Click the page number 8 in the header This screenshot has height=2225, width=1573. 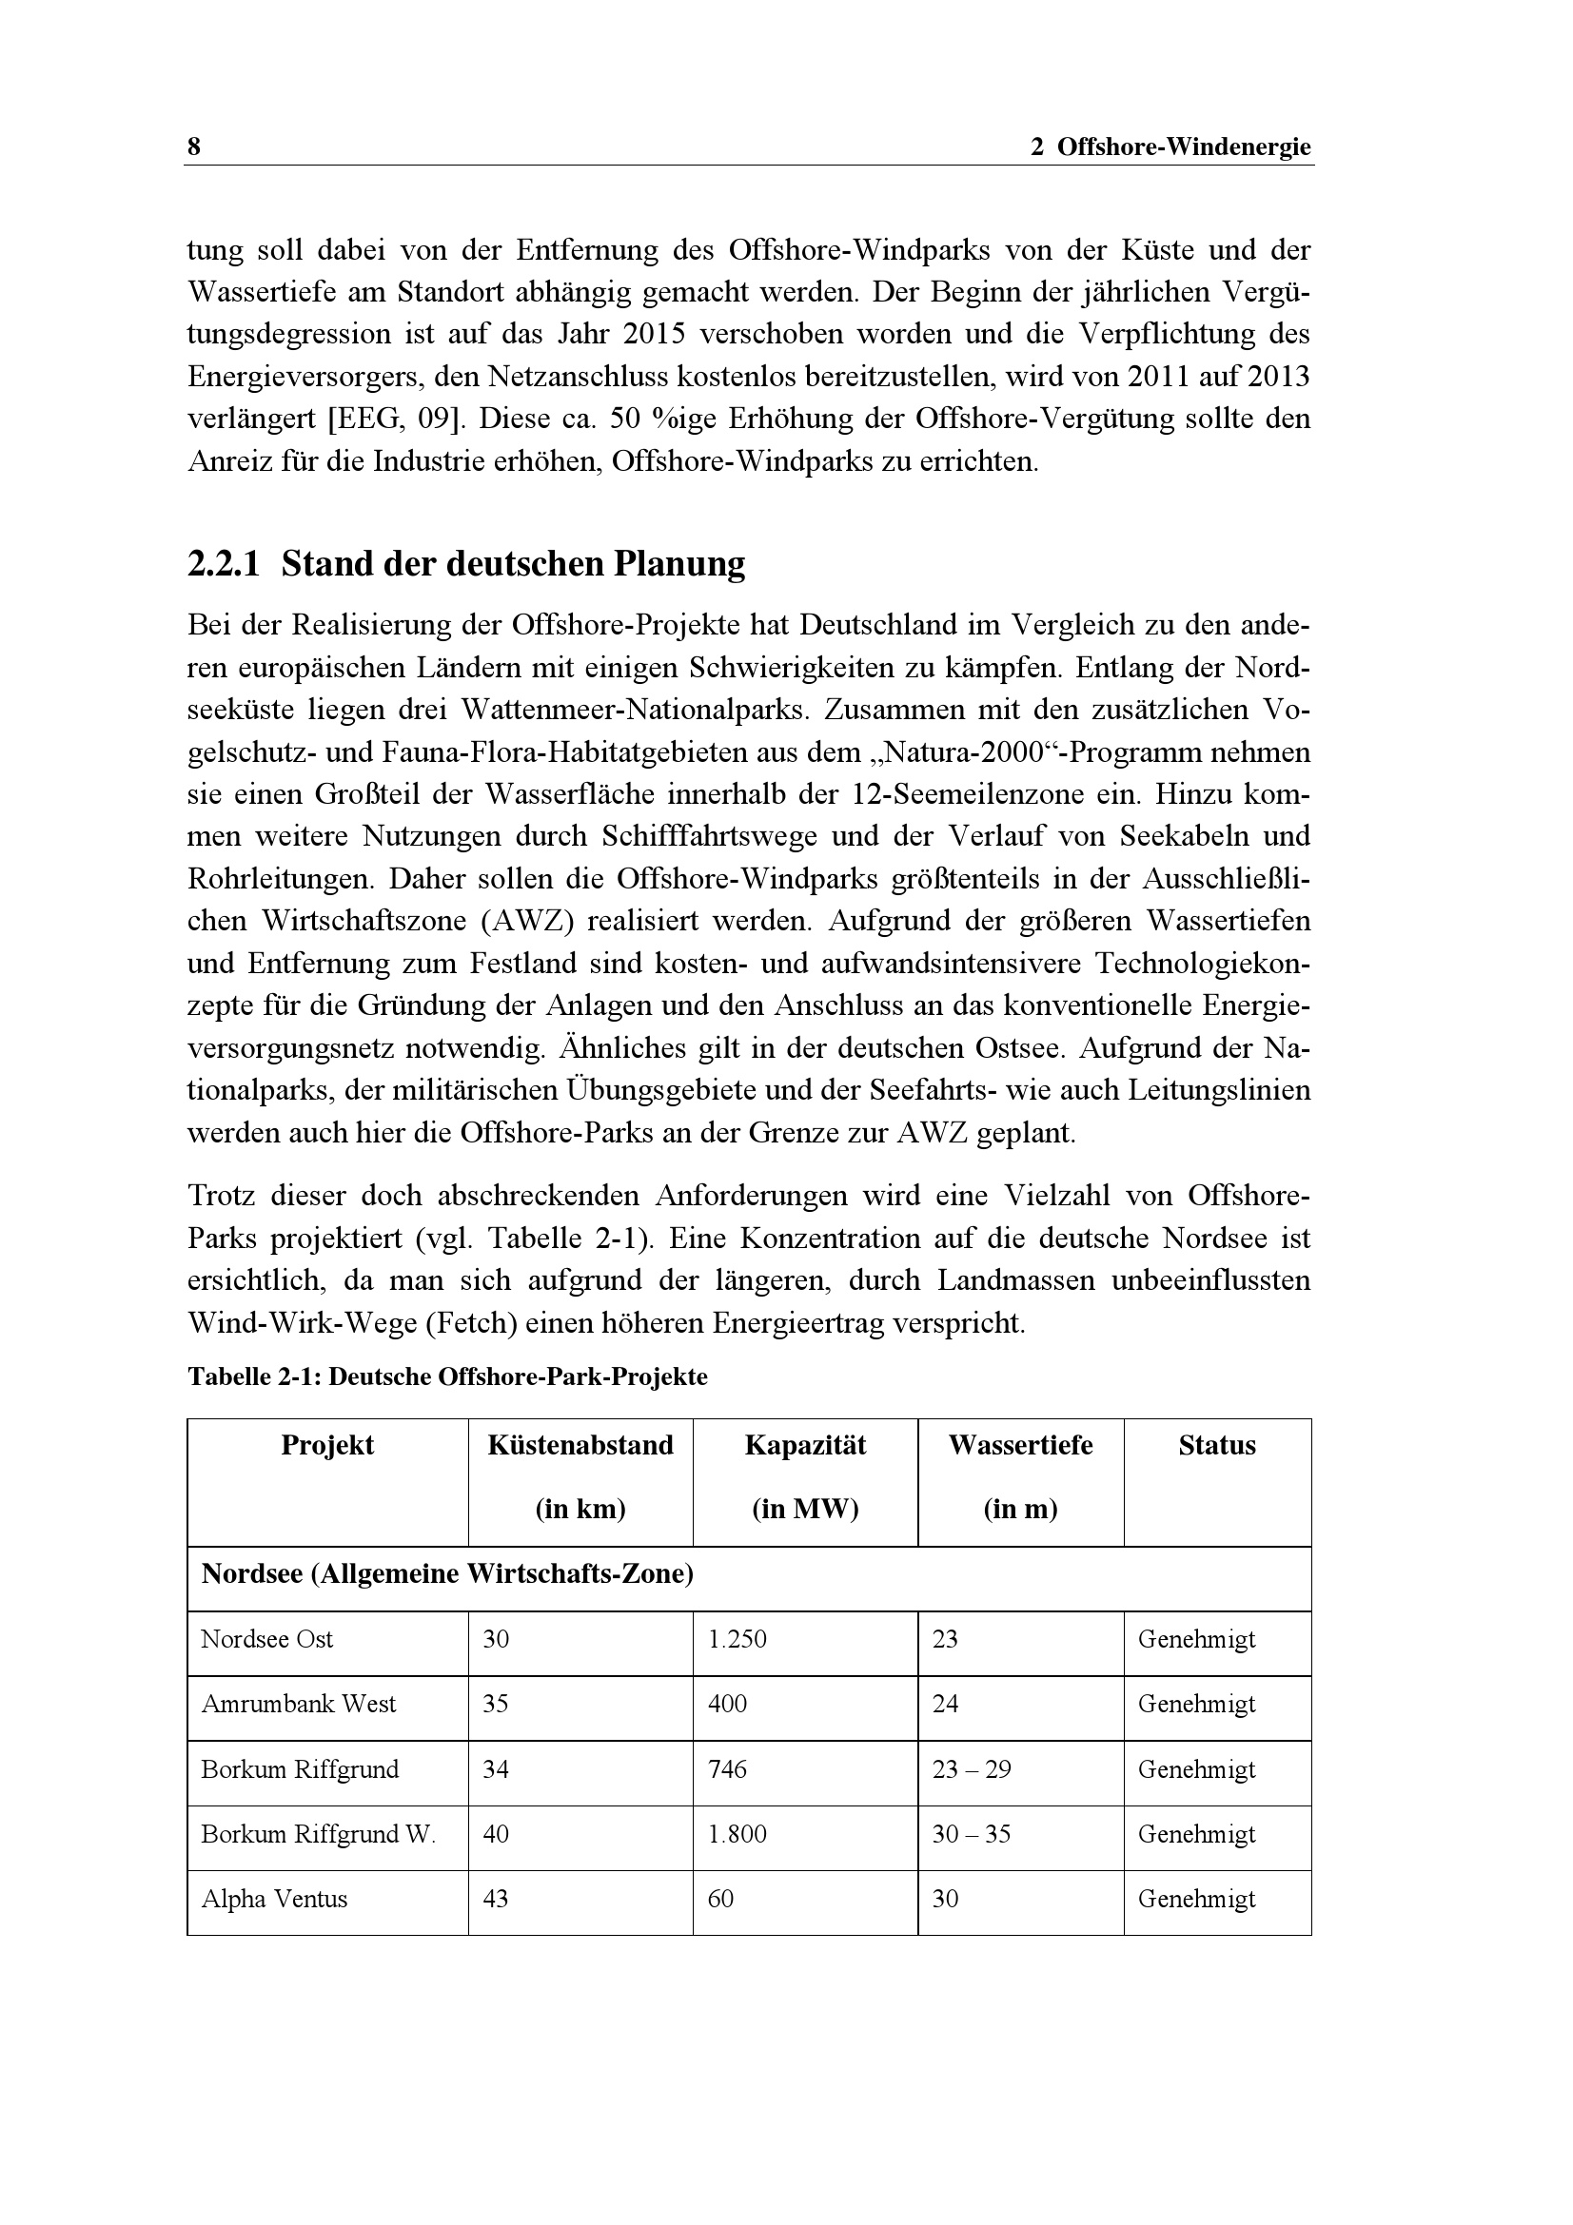[194, 147]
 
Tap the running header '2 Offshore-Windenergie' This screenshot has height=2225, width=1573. [1170, 147]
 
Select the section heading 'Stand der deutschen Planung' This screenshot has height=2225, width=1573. [513, 563]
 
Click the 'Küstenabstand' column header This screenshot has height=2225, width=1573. [580, 1445]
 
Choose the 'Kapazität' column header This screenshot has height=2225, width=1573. [804, 1445]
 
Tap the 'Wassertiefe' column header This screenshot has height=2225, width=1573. [1019, 1445]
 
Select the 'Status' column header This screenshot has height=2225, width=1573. [1216, 1445]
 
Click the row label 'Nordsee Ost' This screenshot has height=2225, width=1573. [266, 1639]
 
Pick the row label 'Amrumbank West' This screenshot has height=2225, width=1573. [299, 1704]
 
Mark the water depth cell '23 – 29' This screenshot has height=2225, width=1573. [972, 1768]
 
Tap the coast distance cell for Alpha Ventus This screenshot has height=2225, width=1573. [495, 1899]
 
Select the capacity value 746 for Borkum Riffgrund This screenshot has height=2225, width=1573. [727, 1768]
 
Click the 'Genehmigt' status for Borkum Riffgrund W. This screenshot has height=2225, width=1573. [1196, 1833]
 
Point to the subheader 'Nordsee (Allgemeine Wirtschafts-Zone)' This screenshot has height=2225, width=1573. [447, 1573]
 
